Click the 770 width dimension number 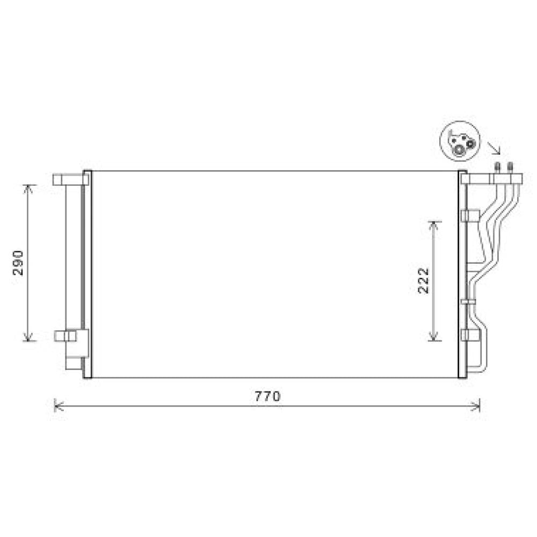pyautogui.click(x=267, y=397)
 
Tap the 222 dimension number pyautogui.click(x=424, y=280)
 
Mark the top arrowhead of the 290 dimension pyautogui.click(x=28, y=188)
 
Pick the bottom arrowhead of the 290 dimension pyautogui.click(x=28, y=337)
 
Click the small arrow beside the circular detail pyautogui.click(x=494, y=147)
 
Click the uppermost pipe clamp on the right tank pyautogui.click(x=469, y=216)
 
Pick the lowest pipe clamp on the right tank pyautogui.click(x=469, y=335)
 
